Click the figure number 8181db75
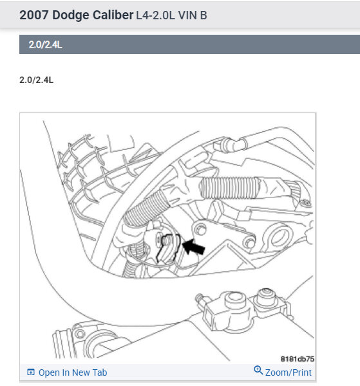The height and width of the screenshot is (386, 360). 296,358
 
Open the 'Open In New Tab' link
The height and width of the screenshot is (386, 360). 73,372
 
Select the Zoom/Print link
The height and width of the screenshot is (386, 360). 288,372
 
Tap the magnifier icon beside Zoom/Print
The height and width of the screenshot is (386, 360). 259,371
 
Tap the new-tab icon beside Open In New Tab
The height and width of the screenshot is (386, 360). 30,372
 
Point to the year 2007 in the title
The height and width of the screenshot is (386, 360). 34,15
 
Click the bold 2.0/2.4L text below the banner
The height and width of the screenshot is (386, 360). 37,80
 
